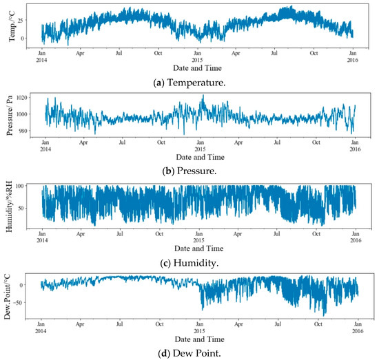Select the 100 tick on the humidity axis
29,187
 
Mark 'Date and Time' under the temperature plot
198,68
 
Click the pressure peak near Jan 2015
203,96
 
